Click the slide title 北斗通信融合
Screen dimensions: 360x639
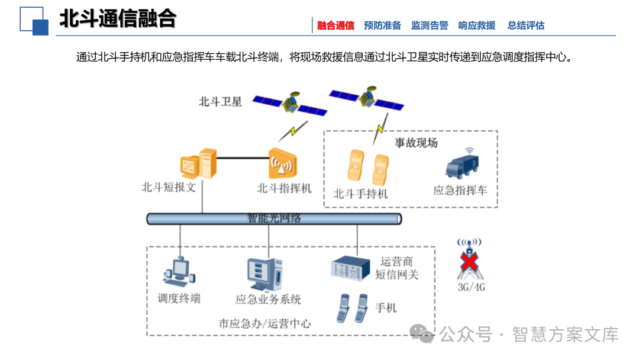(x=118, y=20)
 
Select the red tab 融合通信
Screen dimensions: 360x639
(x=335, y=25)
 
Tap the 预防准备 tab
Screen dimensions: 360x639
(x=382, y=25)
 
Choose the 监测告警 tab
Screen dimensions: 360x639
(x=430, y=25)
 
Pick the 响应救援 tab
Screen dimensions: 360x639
(x=477, y=25)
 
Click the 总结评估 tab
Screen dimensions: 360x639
(x=526, y=25)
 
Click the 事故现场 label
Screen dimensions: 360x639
(x=416, y=143)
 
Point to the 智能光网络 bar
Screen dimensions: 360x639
(x=274, y=218)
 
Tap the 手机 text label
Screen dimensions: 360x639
(x=386, y=308)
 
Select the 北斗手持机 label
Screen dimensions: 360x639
(x=361, y=194)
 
